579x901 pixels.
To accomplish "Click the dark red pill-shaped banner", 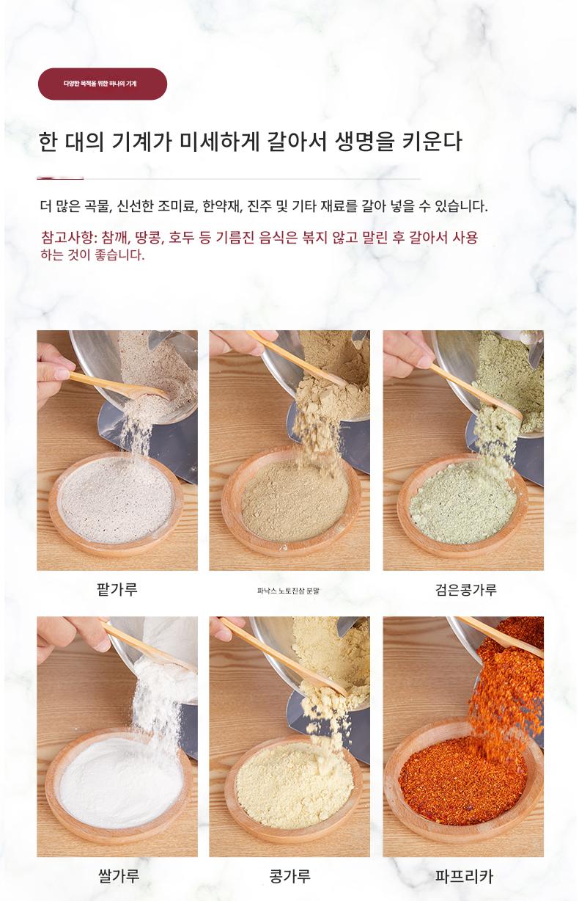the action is [x=103, y=84].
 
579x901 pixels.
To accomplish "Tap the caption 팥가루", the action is [x=117, y=590].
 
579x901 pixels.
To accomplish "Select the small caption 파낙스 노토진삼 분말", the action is [x=289, y=591].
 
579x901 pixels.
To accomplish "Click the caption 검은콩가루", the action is [x=466, y=590].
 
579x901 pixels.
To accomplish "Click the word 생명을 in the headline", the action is [x=364, y=142].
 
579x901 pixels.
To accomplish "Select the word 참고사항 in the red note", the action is [x=67, y=237].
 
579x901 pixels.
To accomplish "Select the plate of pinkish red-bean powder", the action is [x=117, y=505].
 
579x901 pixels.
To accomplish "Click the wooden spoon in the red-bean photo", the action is [x=119, y=385].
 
